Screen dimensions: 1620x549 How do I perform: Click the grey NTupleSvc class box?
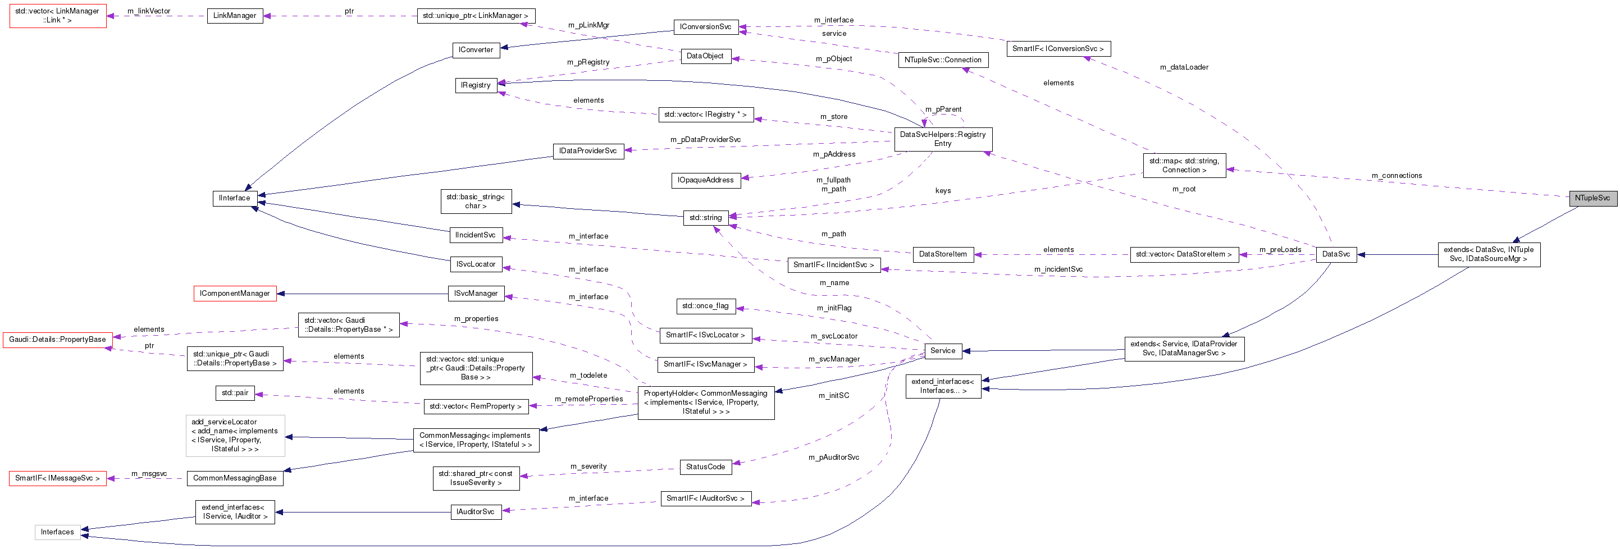pyautogui.click(x=1592, y=198)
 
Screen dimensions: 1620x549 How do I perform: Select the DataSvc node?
pyautogui.click(x=1336, y=254)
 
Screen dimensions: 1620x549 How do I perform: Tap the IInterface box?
pyautogui.click(x=235, y=198)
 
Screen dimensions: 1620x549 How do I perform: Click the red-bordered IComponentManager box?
pyautogui.click(x=235, y=294)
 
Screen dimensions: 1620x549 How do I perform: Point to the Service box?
pyautogui.click(x=942, y=351)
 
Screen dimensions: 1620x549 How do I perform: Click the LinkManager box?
pyautogui.click(x=235, y=16)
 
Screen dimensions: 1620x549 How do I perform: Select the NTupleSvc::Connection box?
pyautogui.click(x=942, y=60)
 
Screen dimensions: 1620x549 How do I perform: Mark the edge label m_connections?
pyautogui.click(x=1396, y=176)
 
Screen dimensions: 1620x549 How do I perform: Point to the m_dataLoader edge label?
pyautogui.click(x=1184, y=67)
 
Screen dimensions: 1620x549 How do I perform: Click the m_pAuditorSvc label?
pyautogui.click(x=833, y=457)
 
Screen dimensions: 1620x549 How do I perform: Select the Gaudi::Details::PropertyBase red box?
pyautogui.click(x=57, y=340)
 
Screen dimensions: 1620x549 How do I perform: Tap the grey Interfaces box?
pyautogui.click(x=57, y=532)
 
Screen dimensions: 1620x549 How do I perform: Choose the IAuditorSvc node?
pyautogui.click(x=476, y=512)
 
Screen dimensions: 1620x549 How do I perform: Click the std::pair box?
pyautogui.click(x=235, y=393)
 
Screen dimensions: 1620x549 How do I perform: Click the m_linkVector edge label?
pyautogui.click(x=148, y=11)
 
